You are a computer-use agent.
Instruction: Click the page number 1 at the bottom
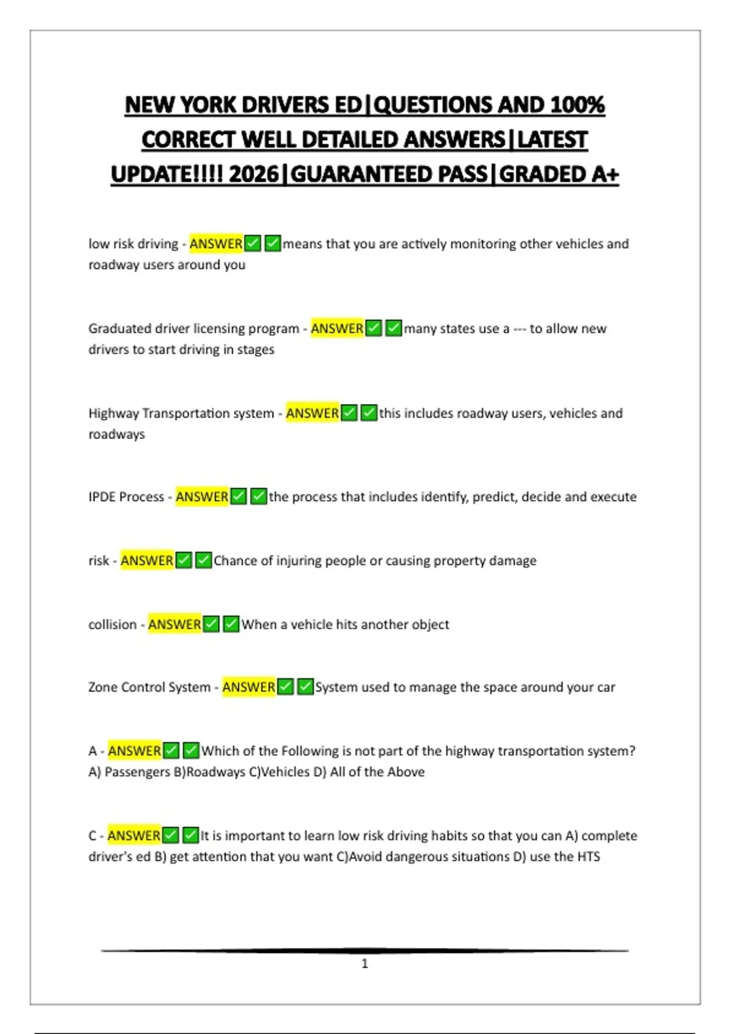(x=364, y=963)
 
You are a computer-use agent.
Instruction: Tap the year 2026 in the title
(x=254, y=175)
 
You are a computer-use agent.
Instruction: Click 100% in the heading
(x=577, y=105)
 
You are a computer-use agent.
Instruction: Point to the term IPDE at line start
(x=102, y=497)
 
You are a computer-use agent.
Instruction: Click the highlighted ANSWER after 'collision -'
(x=175, y=625)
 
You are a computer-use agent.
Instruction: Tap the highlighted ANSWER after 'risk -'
(x=147, y=561)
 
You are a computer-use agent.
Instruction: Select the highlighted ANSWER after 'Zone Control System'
(x=249, y=687)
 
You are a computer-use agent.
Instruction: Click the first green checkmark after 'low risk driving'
(x=253, y=244)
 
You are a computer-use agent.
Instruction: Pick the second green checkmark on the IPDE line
(x=259, y=497)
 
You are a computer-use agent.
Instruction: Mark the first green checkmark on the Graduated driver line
(x=374, y=328)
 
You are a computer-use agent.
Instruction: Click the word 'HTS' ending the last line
(x=588, y=856)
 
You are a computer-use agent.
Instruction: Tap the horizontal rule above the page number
(x=364, y=950)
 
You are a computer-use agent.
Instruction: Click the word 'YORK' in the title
(x=207, y=105)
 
